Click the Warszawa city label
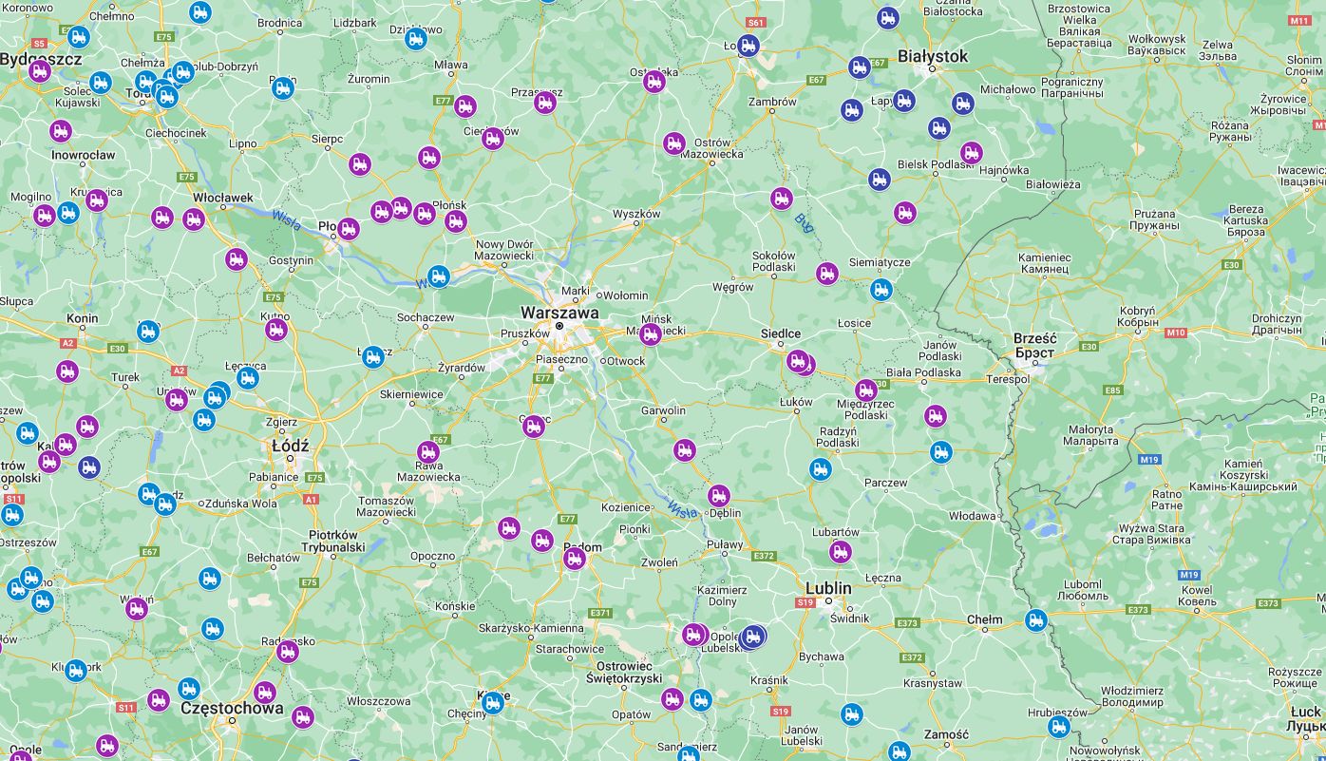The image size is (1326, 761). (559, 312)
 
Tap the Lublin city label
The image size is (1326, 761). (828, 588)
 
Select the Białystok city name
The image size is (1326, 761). (933, 57)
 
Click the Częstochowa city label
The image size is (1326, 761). (231, 708)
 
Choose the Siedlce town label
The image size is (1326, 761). (781, 334)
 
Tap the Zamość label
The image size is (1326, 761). (946, 734)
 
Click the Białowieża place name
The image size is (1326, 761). (1053, 184)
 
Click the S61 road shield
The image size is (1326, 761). (756, 22)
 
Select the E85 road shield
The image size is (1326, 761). (1113, 390)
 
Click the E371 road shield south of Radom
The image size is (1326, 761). (600, 613)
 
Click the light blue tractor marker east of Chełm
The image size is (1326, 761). (1036, 620)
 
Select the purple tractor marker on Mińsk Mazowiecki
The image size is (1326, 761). (651, 333)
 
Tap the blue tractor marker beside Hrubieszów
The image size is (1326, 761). (1059, 727)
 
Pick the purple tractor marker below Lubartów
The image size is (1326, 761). (841, 551)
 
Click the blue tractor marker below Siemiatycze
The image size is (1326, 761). (881, 289)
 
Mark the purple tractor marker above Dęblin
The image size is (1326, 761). (719, 496)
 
